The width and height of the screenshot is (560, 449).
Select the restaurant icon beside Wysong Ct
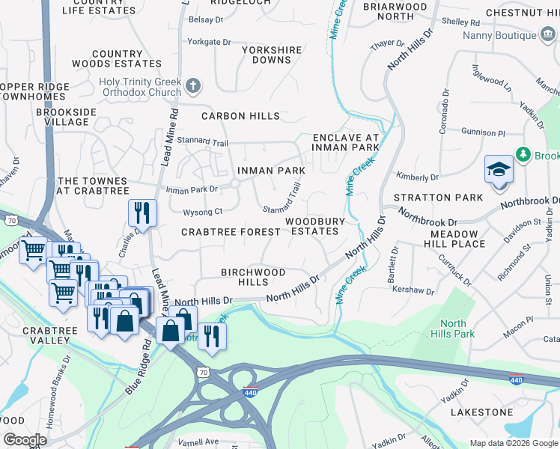pyautogui.click(x=141, y=213)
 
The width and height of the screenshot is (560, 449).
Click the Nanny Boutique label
pyautogui.click(x=504, y=35)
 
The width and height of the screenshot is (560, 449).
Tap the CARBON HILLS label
pyautogui.click(x=240, y=116)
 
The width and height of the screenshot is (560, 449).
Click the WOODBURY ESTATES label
pyautogui.click(x=314, y=226)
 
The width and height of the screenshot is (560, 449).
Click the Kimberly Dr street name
pyautogui.click(x=417, y=177)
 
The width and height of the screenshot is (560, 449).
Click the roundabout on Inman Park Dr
pyautogui.click(x=234, y=183)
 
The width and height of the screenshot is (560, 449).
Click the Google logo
pyautogui.click(x=25, y=439)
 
